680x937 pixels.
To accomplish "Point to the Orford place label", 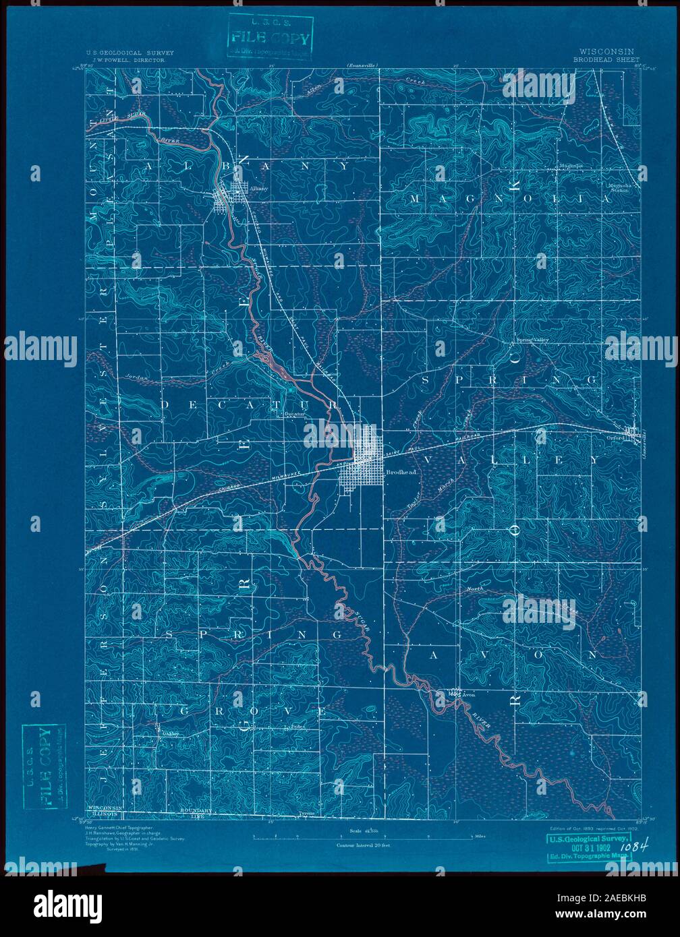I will pos(615,439).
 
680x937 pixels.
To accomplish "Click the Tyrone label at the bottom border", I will pos(306,813).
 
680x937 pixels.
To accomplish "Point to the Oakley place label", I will pos(166,735).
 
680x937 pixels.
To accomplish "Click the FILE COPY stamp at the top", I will pos(269,36).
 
